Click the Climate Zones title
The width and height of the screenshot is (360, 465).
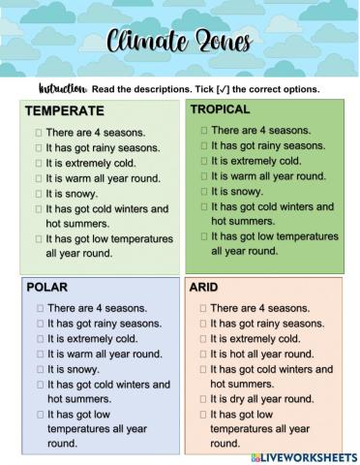pyautogui.click(x=180, y=44)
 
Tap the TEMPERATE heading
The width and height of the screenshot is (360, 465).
pyautogui.click(x=65, y=110)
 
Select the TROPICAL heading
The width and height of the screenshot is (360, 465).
pyautogui.click(x=220, y=109)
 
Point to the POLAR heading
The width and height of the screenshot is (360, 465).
pyautogui.click(x=46, y=288)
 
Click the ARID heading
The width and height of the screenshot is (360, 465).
pyautogui.click(x=204, y=288)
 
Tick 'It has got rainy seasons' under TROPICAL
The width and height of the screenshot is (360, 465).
pyautogui.click(x=204, y=145)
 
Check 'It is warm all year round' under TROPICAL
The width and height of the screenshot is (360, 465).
pyautogui.click(x=204, y=176)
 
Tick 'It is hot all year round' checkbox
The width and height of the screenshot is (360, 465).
pyautogui.click(x=204, y=355)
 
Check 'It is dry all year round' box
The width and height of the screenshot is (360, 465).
pyautogui.click(x=204, y=399)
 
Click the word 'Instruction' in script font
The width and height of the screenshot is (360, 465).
pyautogui.click(x=63, y=89)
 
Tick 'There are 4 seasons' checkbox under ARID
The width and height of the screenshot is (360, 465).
pyautogui.click(x=204, y=308)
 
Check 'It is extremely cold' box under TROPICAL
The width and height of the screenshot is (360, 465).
pyautogui.click(x=204, y=161)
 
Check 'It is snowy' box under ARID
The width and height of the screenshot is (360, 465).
pyautogui.click(x=204, y=339)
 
